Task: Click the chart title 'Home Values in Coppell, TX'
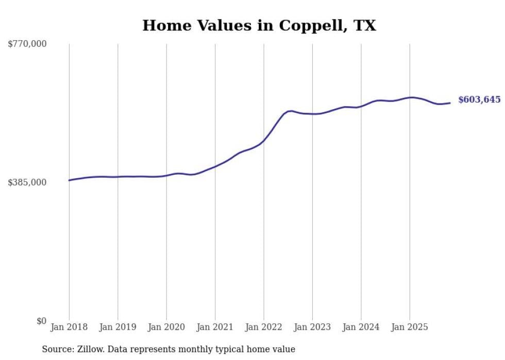[259, 25]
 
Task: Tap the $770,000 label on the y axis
[27, 44]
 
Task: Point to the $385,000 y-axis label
[27, 183]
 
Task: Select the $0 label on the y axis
[41, 321]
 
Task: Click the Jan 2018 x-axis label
[69, 327]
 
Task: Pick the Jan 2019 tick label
[117, 327]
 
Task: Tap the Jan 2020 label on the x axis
[166, 327]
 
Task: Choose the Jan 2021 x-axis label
[215, 327]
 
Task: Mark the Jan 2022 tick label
[264, 327]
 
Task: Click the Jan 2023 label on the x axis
[312, 327]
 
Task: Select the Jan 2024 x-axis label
[361, 327]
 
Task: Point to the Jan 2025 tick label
[410, 327]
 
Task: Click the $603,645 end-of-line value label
[479, 100]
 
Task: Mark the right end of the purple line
[450, 103]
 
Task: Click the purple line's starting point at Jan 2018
[69, 180]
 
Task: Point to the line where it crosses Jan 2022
[264, 140]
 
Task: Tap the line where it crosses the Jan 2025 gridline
[410, 97]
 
